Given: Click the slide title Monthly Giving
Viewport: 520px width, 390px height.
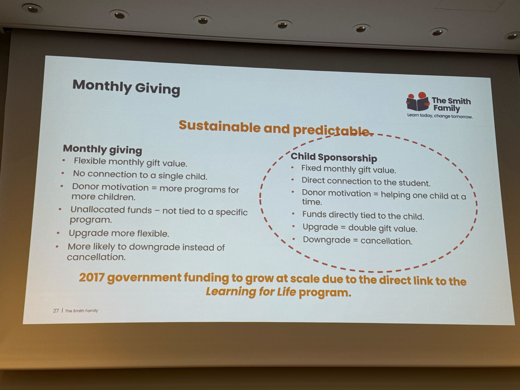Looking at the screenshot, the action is click(x=126, y=87).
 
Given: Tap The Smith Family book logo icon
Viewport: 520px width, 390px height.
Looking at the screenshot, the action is click(x=418, y=102).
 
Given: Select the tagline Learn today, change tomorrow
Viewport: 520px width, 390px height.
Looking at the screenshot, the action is click(x=440, y=116).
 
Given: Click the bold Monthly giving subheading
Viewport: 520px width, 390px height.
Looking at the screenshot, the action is click(x=102, y=149).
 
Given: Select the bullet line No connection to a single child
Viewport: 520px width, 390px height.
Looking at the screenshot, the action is click(x=140, y=175).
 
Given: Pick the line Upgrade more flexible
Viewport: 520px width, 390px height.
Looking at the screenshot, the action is click(x=119, y=233).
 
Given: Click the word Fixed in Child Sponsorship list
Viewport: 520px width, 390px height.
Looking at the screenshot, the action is click(x=311, y=168).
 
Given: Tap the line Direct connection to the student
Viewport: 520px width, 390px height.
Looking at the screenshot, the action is click(x=366, y=181).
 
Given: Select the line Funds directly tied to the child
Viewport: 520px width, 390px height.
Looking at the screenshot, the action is click(x=363, y=215).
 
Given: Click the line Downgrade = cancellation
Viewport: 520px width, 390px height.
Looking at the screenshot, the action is click(x=357, y=240).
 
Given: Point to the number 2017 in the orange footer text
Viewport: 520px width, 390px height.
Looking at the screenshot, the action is click(x=92, y=277).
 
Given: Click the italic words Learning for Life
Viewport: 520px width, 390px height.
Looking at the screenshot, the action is click(x=251, y=292).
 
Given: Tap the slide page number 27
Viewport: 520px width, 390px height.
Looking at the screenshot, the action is click(x=56, y=311).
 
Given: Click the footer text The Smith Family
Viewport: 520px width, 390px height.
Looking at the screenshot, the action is click(x=82, y=311).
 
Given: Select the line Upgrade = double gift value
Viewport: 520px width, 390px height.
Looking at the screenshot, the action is click(x=360, y=228).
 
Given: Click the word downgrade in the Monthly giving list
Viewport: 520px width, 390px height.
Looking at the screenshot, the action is click(x=154, y=247).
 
